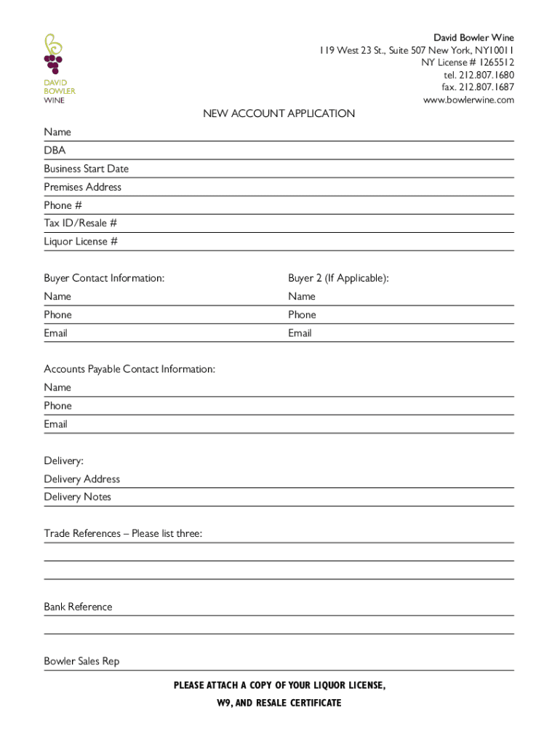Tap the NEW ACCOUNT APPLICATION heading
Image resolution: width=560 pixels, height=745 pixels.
pyautogui.click(x=279, y=113)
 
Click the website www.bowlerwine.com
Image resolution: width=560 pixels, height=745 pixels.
pyautogui.click(x=468, y=100)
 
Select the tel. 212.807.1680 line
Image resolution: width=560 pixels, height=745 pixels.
pyautogui.click(x=479, y=75)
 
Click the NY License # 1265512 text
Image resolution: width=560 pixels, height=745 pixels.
pyautogui.click(x=468, y=63)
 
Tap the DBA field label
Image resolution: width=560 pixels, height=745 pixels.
pyautogui.click(x=55, y=151)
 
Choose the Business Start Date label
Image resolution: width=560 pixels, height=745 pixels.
pyautogui.click(x=86, y=169)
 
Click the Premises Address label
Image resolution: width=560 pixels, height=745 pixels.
pyautogui.click(x=82, y=187)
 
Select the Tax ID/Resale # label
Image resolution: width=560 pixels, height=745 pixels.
pyautogui.click(x=80, y=223)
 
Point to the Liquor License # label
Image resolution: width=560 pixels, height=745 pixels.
pyautogui.click(x=80, y=242)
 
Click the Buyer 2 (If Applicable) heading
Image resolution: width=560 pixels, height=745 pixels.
pyautogui.click(x=338, y=278)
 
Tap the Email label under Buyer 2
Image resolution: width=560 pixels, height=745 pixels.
pyautogui.click(x=300, y=333)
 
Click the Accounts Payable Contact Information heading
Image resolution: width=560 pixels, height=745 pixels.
pyautogui.click(x=129, y=370)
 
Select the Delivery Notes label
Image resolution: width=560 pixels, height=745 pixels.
pyautogui.click(x=77, y=497)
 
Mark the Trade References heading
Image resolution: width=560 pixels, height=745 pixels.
pyautogui.click(x=123, y=534)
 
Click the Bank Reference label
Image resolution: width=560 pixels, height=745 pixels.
pyautogui.click(x=78, y=607)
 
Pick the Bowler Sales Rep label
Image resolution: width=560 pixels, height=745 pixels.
pyautogui.click(x=81, y=661)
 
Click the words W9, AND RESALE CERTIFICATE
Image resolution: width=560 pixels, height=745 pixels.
pyautogui.click(x=279, y=703)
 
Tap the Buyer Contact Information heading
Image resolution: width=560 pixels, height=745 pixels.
pyautogui.click(x=104, y=278)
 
